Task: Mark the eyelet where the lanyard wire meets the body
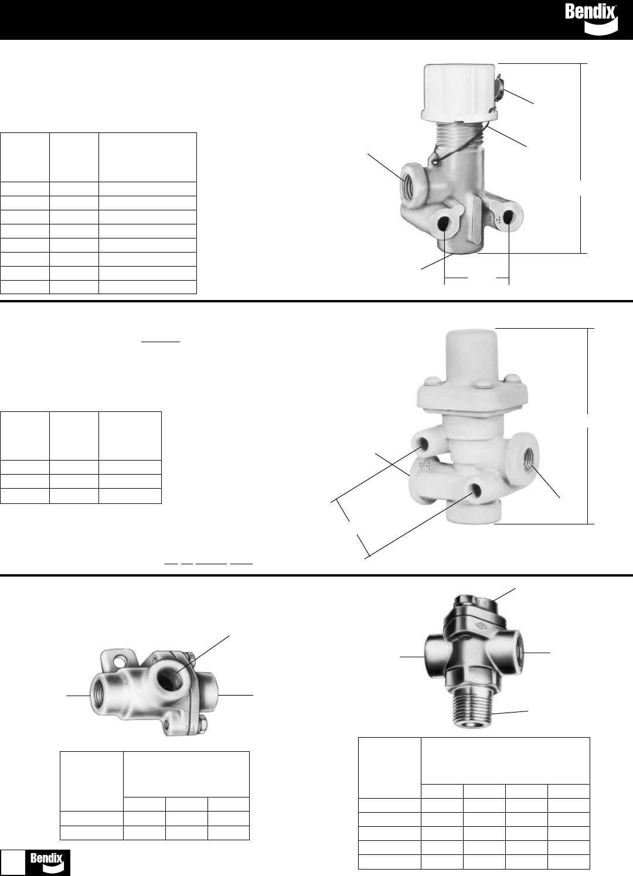tap(434, 158)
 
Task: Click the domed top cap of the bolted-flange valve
tap(471, 355)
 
